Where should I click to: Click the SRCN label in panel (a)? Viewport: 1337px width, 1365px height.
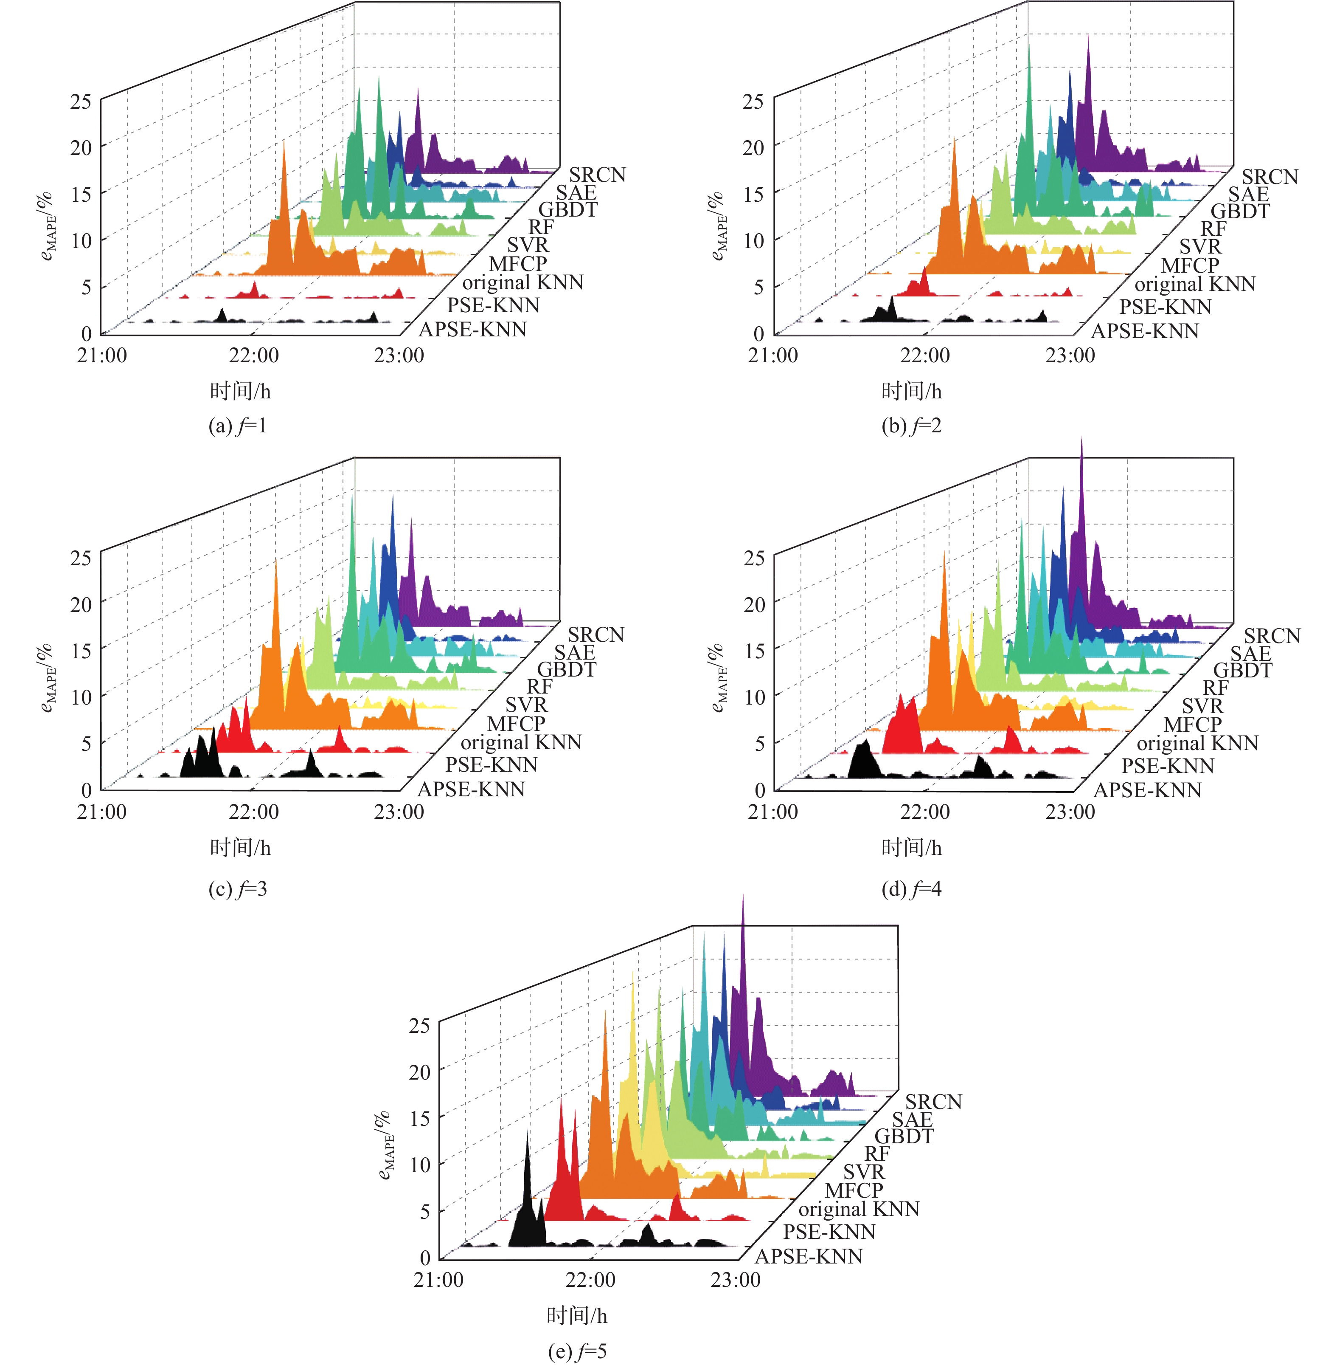coord(597,174)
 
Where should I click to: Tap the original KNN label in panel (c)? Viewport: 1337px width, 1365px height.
coord(521,742)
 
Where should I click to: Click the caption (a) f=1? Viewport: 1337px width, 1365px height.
coord(237,426)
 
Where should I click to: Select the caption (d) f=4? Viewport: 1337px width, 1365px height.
coord(911,889)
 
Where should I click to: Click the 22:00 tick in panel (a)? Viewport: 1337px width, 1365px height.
coord(253,355)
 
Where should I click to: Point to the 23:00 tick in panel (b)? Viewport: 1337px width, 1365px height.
coord(1070,355)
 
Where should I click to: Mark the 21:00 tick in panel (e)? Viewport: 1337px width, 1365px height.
coord(438,1280)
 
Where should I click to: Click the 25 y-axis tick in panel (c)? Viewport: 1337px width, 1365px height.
coord(81,558)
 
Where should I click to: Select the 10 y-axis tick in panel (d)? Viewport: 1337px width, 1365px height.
coord(754,697)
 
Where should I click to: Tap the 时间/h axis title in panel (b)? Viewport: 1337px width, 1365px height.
coord(911,391)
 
